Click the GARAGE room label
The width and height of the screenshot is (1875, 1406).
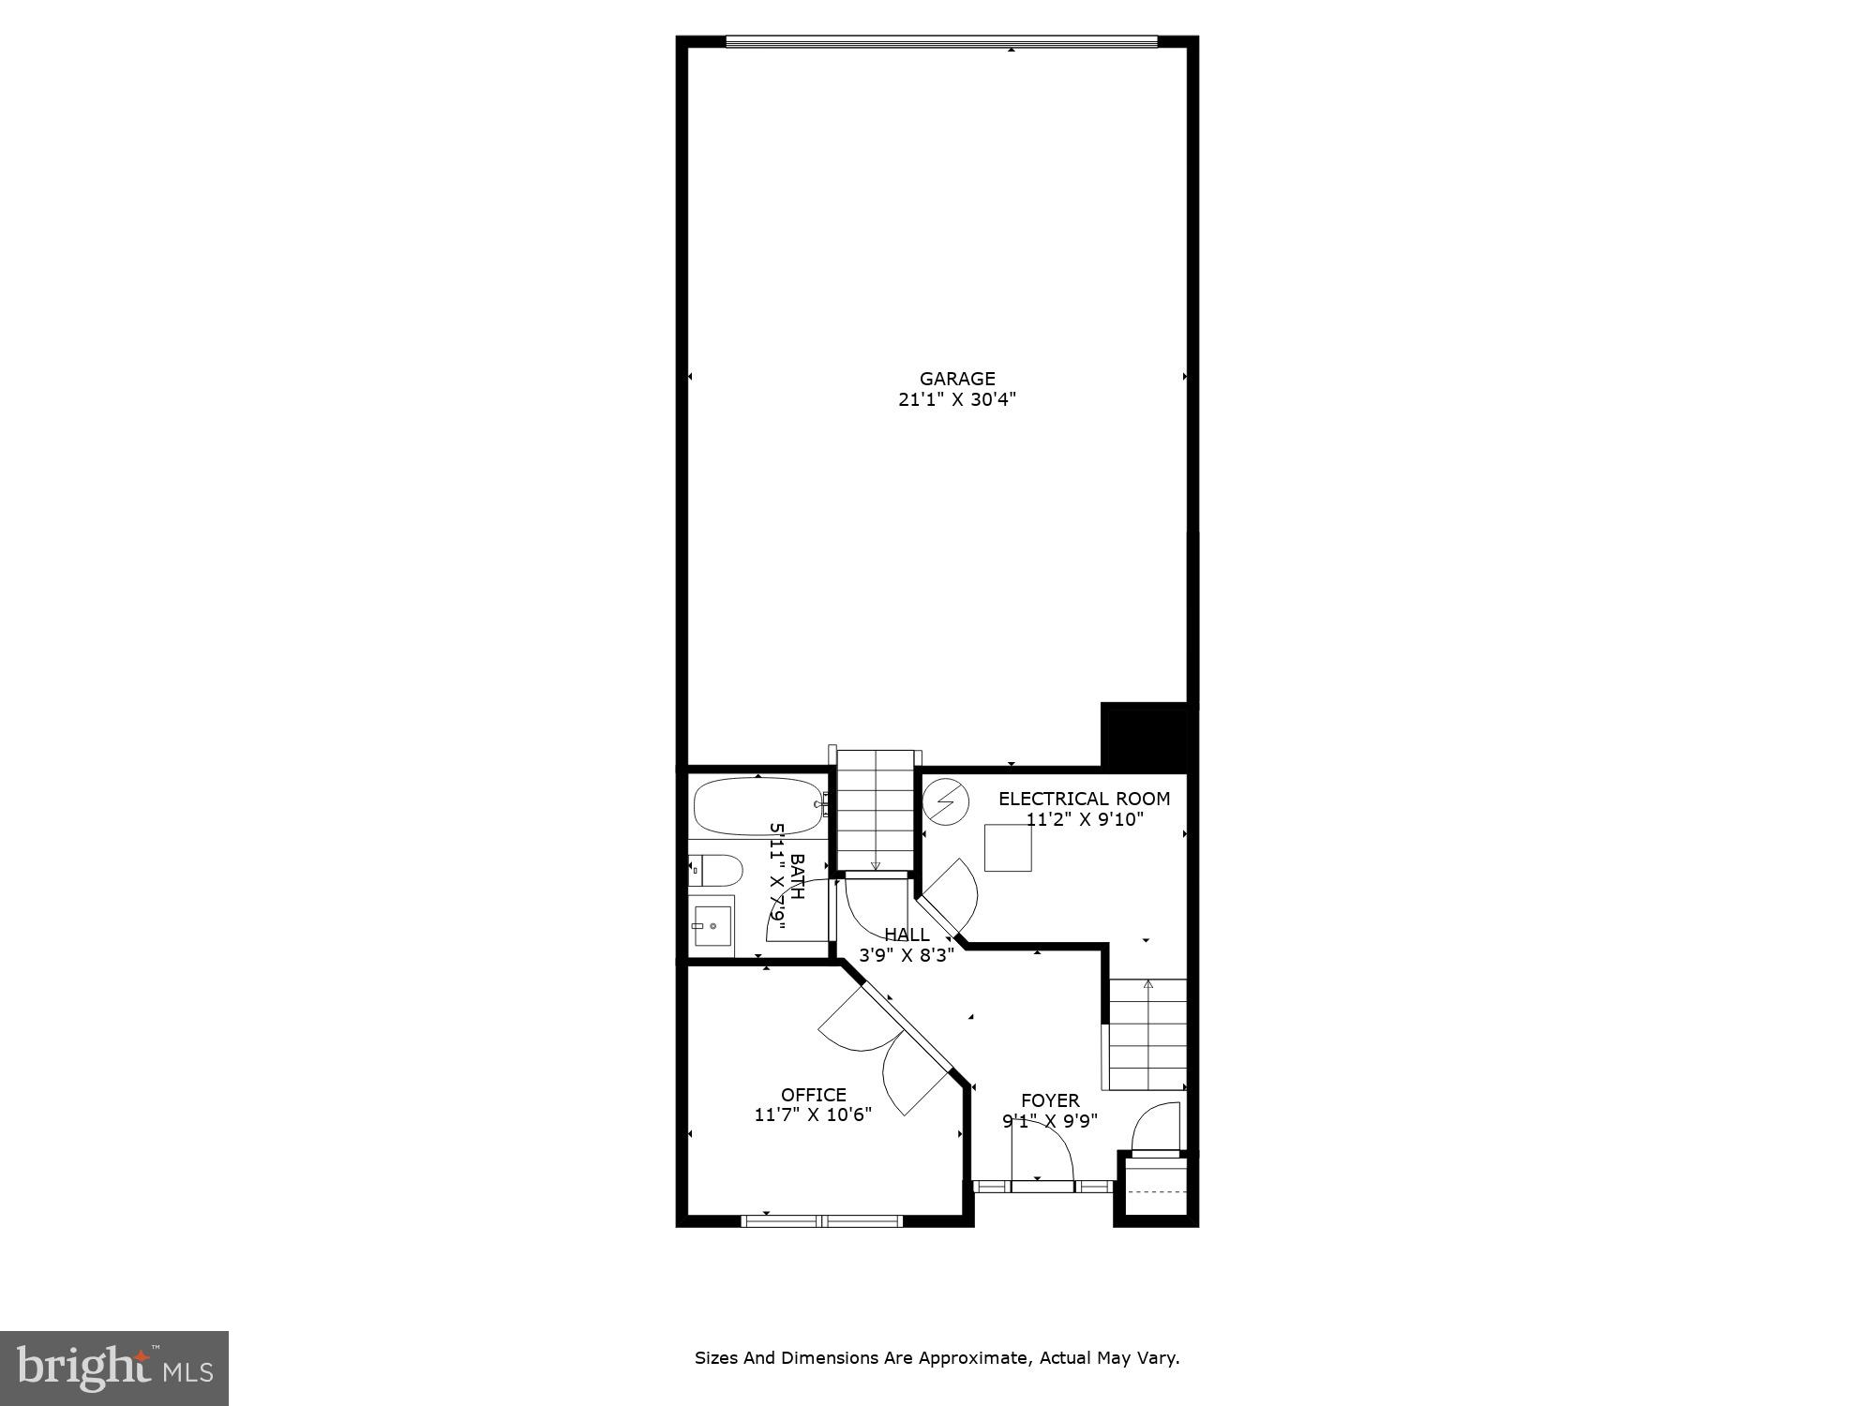tap(956, 379)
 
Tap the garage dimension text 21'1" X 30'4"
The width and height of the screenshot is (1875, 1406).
tap(956, 400)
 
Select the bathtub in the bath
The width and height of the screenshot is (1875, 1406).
tap(757, 805)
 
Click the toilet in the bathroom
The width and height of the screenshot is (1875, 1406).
tap(716, 871)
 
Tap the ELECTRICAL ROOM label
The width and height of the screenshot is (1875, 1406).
tap(1084, 799)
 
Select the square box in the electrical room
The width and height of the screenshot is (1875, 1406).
tap(1008, 847)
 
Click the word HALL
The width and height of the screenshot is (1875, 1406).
tap(907, 935)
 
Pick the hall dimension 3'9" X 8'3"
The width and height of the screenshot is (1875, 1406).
tap(907, 956)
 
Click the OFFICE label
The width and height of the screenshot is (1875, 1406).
tap(813, 1095)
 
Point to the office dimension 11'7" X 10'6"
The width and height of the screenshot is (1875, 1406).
tap(813, 1115)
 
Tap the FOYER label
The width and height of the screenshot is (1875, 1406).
tap(1050, 1100)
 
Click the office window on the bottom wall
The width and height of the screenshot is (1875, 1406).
tap(821, 1220)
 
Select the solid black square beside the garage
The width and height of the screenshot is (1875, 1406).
tap(1144, 737)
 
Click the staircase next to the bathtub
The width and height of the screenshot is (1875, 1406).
tap(875, 810)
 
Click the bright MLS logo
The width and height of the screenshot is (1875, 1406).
tap(114, 1369)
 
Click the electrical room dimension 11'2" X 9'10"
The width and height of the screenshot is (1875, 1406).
tap(1084, 820)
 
